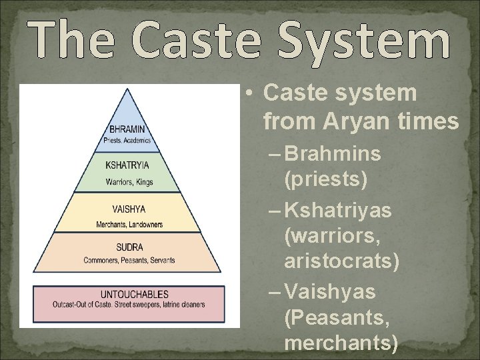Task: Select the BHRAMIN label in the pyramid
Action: [129, 129]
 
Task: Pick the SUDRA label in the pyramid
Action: [129, 249]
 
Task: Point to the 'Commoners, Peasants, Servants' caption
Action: [129, 260]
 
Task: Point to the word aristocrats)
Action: [342, 262]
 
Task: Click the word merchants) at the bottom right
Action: [341, 343]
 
